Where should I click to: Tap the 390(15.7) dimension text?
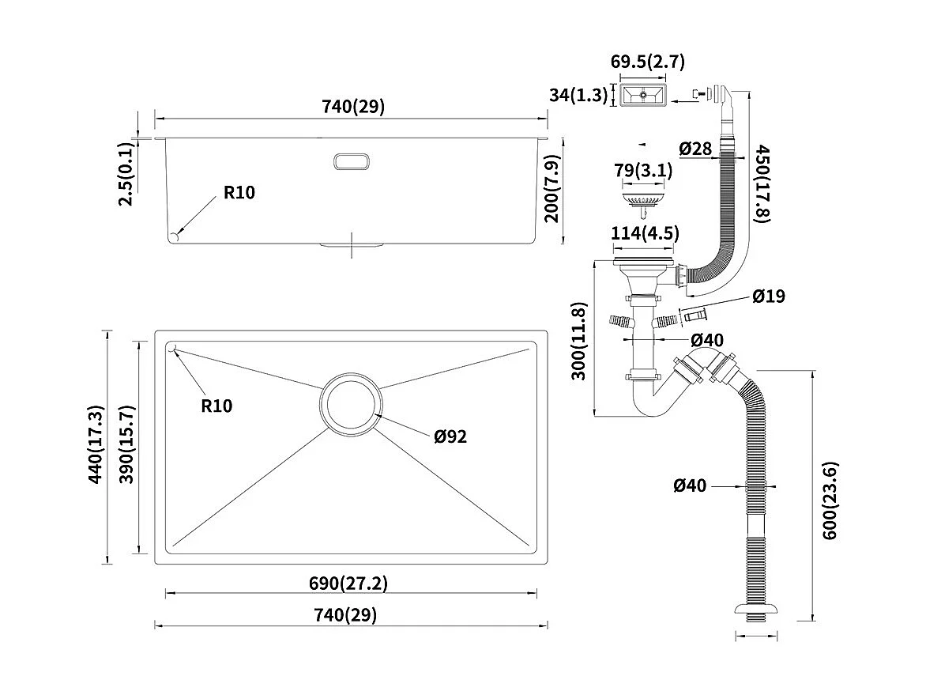[x=126, y=444]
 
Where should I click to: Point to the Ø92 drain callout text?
[x=450, y=436]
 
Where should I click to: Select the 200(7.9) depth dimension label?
[x=552, y=187]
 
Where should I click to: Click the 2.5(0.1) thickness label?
[x=125, y=174]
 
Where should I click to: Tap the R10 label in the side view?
[x=239, y=192]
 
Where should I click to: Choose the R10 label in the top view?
[x=216, y=406]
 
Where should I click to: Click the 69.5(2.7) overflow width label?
[x=647, y=62]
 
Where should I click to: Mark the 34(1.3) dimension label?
[x=578, y=96]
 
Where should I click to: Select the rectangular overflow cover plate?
[x=643, y=96]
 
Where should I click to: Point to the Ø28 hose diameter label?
[x=695, y=148]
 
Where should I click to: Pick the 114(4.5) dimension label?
[x=645, y=234]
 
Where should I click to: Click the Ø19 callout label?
[x=768, y=297]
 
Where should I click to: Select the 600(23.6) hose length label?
[x=830, y=500]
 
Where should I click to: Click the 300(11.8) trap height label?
[x=580, y=340]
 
